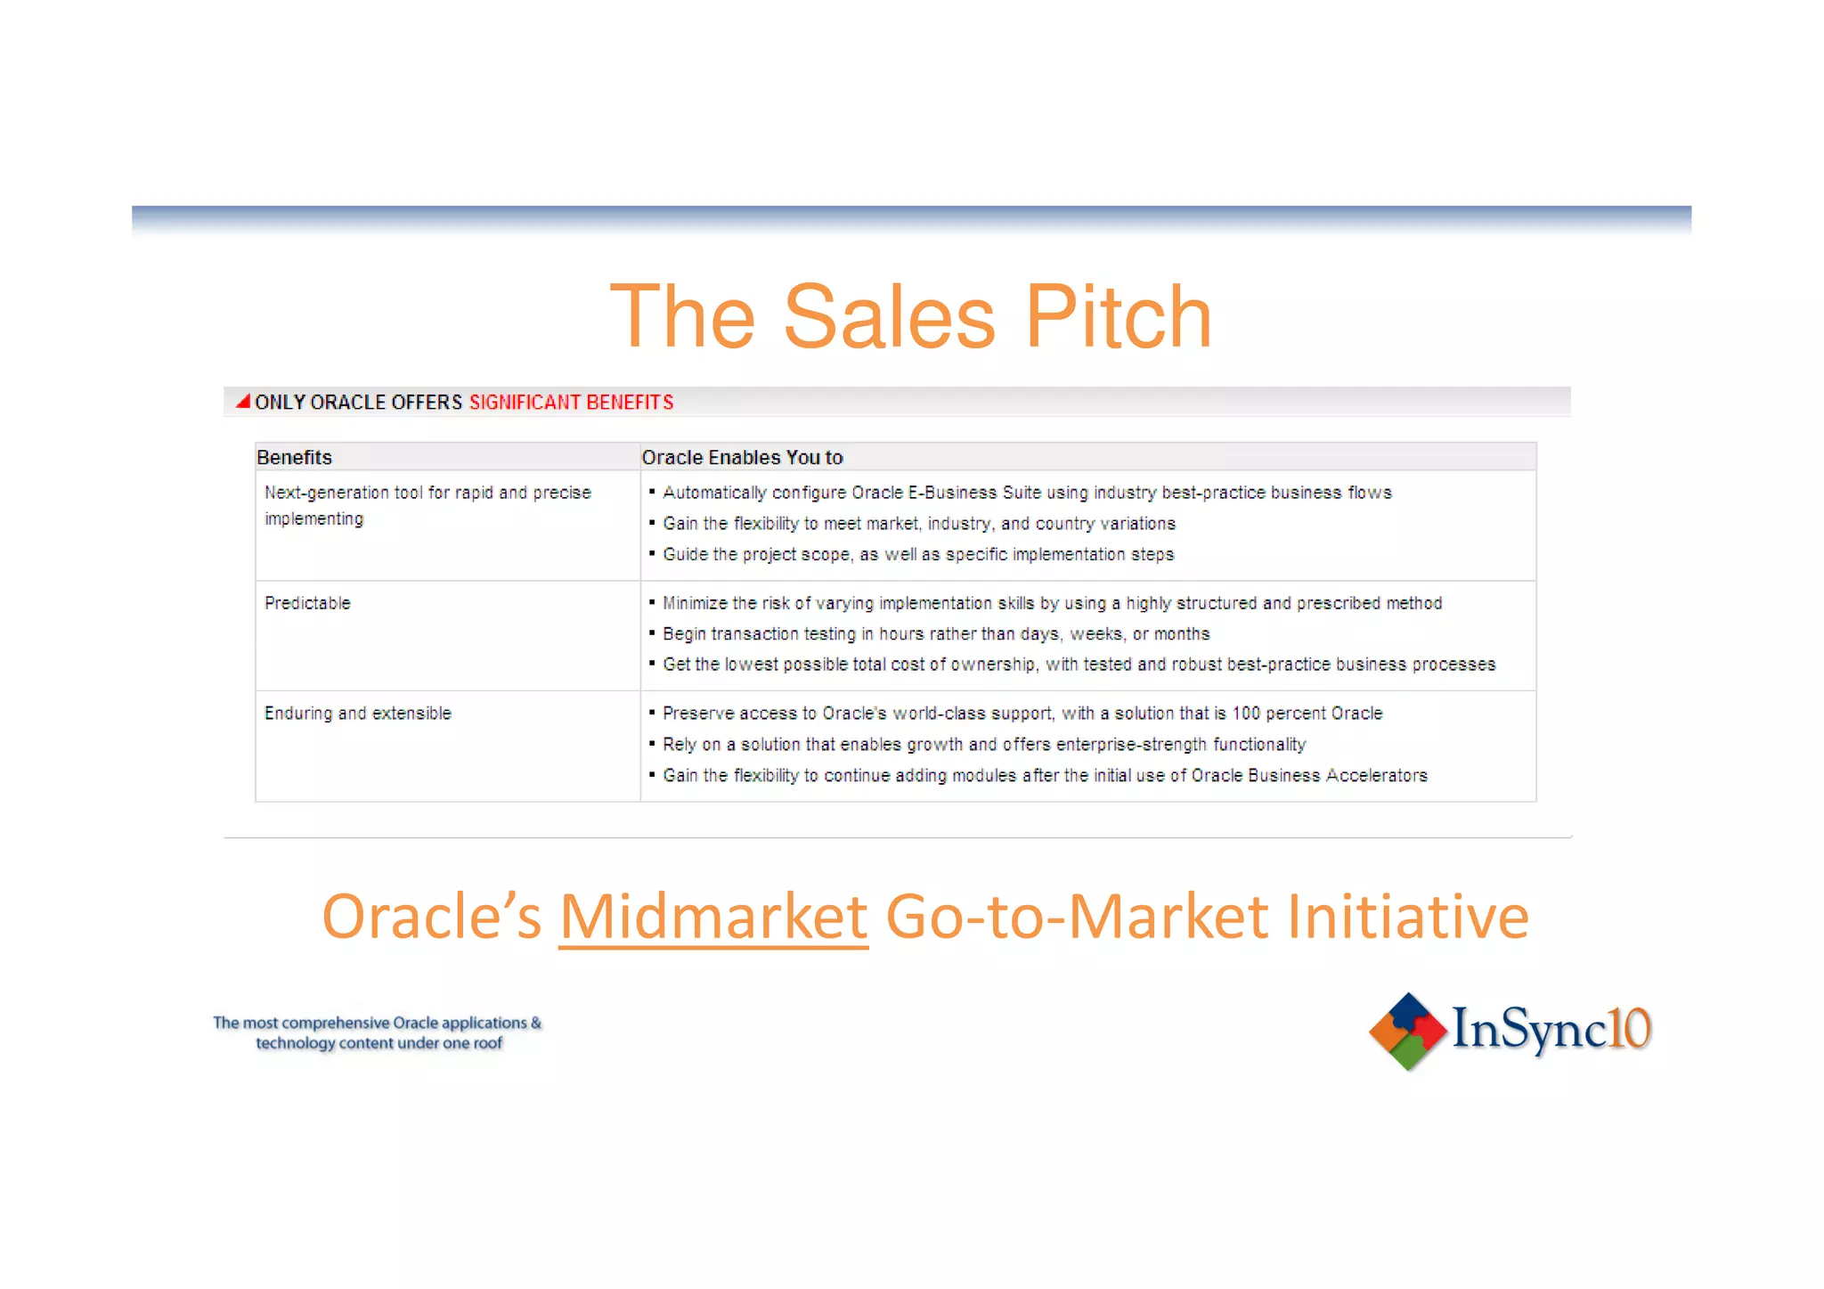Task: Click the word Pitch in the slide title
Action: point(1118,317)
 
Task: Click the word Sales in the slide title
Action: point(888,317)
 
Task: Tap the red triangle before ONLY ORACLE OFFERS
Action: point(242,402)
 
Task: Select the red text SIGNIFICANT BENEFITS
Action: point(571,403)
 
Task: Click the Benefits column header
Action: point(294,457)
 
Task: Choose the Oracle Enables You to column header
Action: point(742,457)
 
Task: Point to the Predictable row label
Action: point(307,603)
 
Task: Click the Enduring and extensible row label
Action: point(357,714)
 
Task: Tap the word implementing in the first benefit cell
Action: point(313,519)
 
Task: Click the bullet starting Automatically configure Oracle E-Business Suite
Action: point(1026,493)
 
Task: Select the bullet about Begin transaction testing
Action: point(935,634)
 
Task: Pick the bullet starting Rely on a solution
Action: point(983,745)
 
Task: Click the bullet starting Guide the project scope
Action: point(917,555)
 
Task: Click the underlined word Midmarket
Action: point(713,918)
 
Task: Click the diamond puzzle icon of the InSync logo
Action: point(1407,1031)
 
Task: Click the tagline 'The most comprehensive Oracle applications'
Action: point(378,1023)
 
